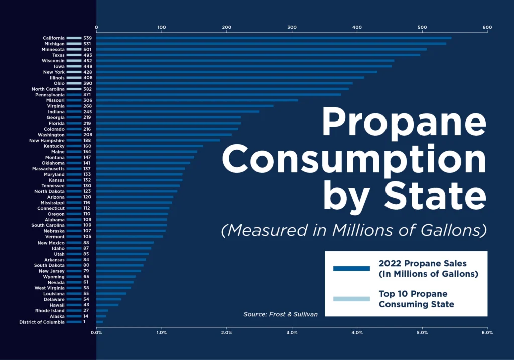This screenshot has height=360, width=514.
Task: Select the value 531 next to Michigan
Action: click(x=87, y=44)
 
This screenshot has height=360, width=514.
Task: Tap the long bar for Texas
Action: click(x=258, y=55)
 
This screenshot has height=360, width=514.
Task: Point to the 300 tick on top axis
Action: click(x=292, y=27)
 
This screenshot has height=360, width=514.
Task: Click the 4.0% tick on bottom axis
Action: click(x=357, y=332)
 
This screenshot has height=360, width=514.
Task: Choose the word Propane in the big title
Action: click(x=404, y=122)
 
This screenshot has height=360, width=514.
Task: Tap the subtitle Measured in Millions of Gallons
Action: click(x=354, y=230)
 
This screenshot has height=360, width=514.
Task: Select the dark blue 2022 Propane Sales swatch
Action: click(x=351, y=268)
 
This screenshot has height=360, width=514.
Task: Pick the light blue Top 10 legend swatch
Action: click(x=351, y=299)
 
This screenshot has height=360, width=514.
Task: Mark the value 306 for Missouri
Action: click(x=87, y=100)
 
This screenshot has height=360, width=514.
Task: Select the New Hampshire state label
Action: click(x=46, y=140)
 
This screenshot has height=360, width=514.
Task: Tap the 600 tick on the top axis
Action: click(x=486, y=27)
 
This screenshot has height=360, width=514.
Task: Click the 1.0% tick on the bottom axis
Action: click(x=161, y=332)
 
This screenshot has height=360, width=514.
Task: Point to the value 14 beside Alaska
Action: click(x=86, y=316)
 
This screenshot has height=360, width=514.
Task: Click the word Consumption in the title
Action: click(x=354, y=159)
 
